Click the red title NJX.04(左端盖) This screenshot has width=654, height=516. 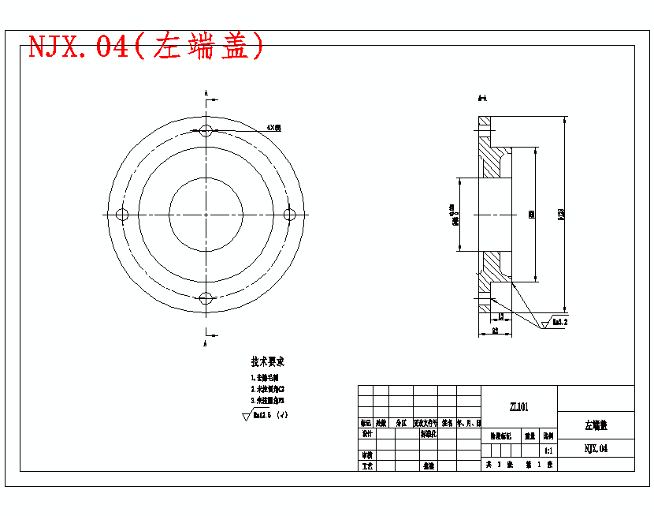pos(147,47)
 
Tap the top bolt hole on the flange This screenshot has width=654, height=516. pos(206,130)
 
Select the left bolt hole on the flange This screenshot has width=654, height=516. pos(122,215)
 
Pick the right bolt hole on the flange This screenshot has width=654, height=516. pos(289,215)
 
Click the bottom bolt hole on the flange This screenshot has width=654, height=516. pos(206,298)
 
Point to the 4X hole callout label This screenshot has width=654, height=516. pos(273,127)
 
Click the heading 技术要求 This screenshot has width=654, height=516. pos(267,362)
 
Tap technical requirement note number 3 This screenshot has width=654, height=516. pos(267,400)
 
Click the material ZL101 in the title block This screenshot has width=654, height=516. pos(518,407)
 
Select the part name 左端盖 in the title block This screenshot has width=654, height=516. pos(595,425)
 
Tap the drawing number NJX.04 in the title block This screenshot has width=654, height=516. pos(595,449)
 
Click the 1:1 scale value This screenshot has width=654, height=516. pos(548,451)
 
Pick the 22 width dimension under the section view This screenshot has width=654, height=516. pos(494,331)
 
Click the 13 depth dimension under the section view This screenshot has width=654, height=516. pos(500,316)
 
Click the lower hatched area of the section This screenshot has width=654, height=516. pos(494,264)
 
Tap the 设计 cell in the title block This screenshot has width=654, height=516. pos(366,434)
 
